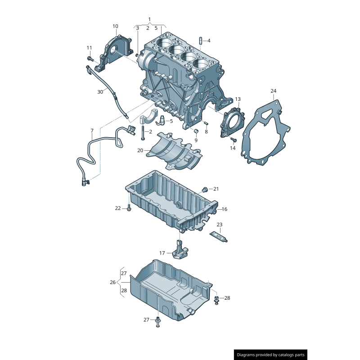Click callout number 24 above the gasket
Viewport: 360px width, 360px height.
[x=273, y=91]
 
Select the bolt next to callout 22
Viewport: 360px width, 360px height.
[x=129, y=208]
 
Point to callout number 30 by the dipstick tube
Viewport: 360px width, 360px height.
[x=100, y=91]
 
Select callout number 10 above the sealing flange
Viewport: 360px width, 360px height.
[x=115, y=27]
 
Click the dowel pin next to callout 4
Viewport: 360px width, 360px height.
[x=200, y=41]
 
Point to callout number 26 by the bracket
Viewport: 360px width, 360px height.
[x=112, y=282]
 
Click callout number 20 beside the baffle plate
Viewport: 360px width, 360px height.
[x=140, y=150]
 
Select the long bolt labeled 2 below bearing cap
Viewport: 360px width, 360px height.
[x=142, y=133]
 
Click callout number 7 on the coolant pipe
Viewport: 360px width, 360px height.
[x=92, y=131]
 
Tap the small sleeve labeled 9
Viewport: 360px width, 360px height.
[x=196, y=131]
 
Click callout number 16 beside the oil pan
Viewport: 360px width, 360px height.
[x=225, y=209]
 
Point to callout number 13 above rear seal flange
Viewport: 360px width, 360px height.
[x=238, y=99]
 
